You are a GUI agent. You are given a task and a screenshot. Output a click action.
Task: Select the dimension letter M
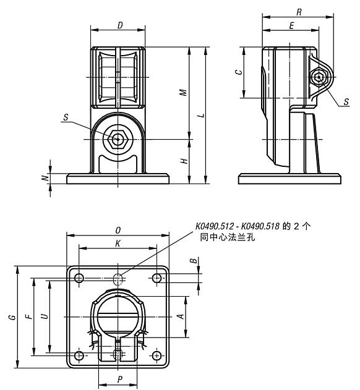[x=182, y=93]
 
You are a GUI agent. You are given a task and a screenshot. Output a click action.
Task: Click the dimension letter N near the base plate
[x=44, y=178]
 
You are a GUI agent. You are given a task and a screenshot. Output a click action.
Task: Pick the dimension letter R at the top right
[x=299, y=12]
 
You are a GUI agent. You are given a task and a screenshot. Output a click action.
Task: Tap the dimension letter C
[x=238, y=72]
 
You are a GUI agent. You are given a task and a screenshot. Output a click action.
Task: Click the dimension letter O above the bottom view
[x=118, y=231]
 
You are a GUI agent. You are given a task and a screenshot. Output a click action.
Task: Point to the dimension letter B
[x=195, y=262]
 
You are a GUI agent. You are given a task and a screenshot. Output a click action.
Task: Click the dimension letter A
[x=180, y=316]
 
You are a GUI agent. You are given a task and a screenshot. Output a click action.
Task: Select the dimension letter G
[x=12, y=317]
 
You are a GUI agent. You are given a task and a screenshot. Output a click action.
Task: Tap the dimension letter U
[x=43, y=316]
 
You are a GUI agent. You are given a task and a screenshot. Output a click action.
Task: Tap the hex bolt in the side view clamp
[x=319, y=78]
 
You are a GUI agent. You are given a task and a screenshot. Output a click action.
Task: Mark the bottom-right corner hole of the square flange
[x=157, y=356]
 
